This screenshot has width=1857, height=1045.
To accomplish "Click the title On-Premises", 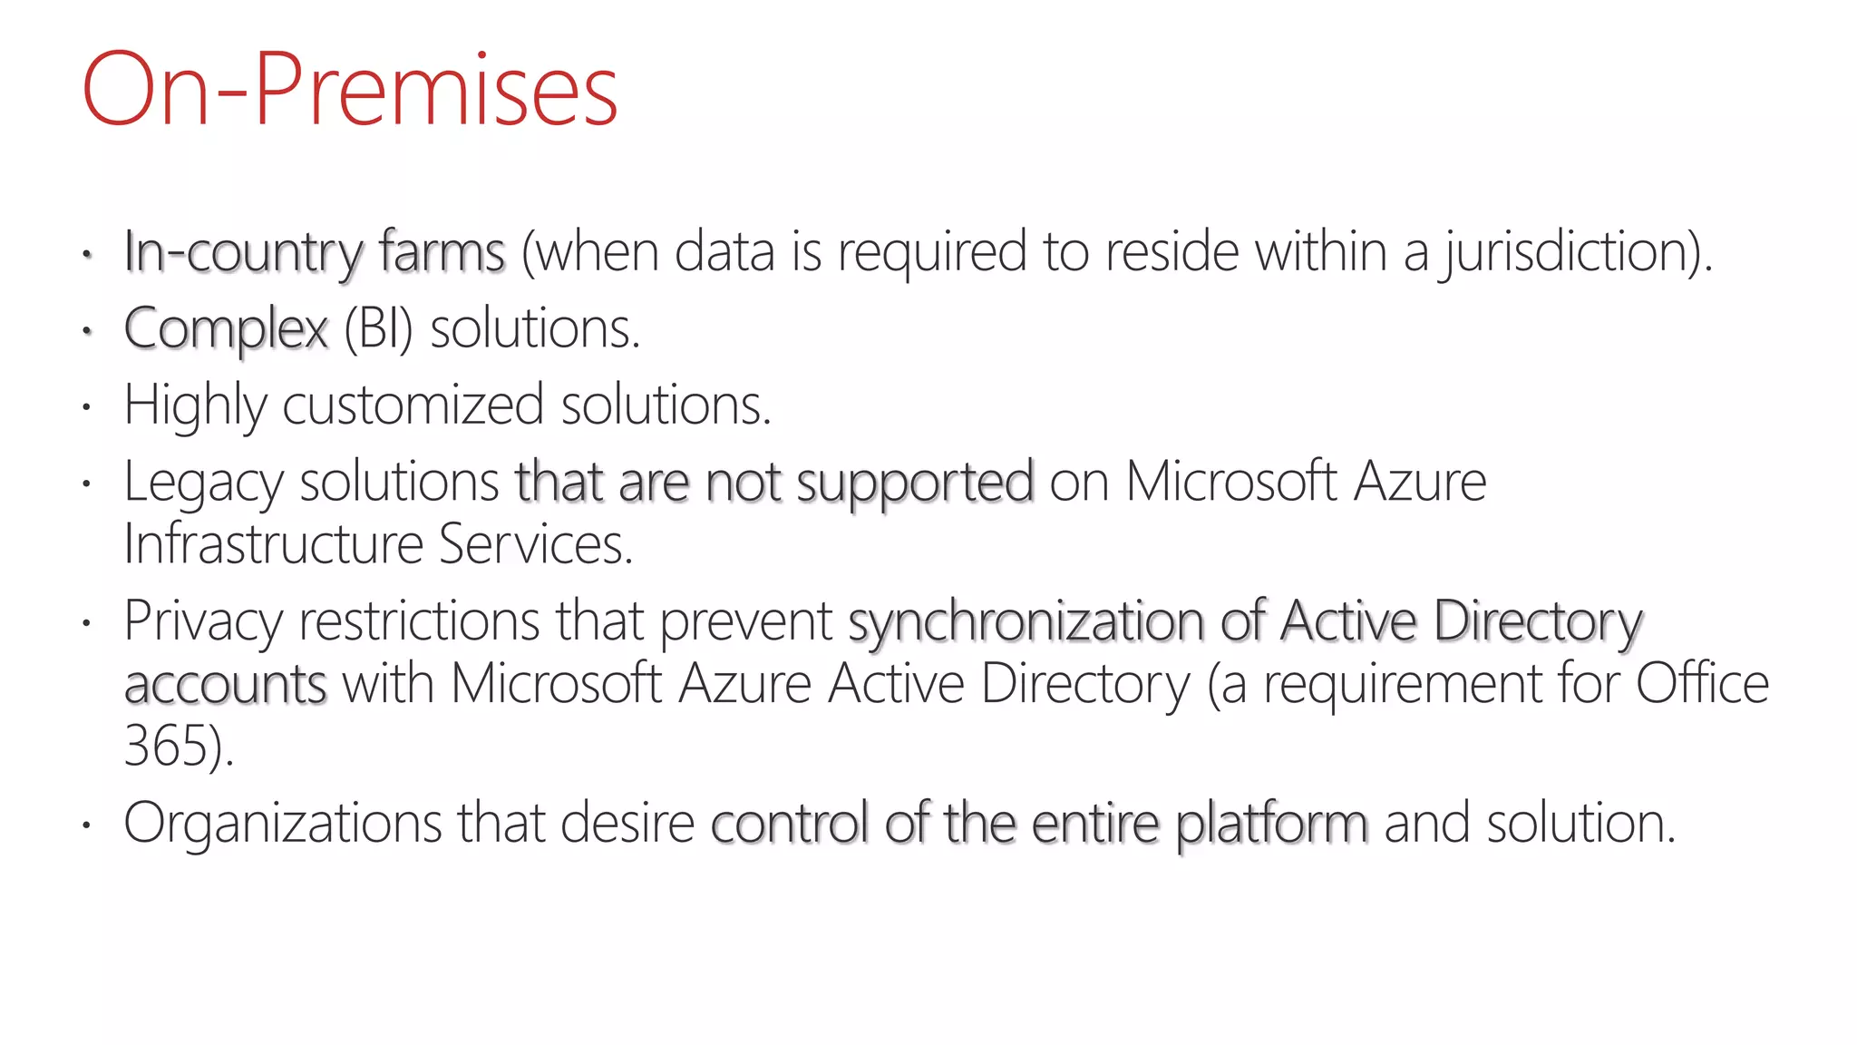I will coord(350,91).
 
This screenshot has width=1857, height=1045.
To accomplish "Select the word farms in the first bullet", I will coord(442,252).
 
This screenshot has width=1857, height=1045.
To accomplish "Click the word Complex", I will coord(226,329).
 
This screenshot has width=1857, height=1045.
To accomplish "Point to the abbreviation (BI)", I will coord(378,329).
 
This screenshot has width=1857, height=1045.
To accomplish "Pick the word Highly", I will coord(195,405).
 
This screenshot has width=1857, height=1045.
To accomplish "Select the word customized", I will coord(413,405).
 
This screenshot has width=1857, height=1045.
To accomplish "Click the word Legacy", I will coord(203,483).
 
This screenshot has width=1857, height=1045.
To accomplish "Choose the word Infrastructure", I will coord(273,544).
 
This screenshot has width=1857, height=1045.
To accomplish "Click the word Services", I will coord(535,544).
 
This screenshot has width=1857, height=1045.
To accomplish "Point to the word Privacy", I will coord(203,622).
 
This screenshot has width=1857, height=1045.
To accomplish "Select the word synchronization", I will coord(1026,622).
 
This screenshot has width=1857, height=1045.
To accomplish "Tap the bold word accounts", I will coord(225,684).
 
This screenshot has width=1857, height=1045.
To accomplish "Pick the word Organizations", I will coord(282,824).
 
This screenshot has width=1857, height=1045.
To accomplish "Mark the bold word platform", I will coord(1271,824).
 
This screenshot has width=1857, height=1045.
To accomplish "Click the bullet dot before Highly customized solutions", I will coord(86,407).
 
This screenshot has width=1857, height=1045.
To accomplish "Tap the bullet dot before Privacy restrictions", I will coord(86,623).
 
